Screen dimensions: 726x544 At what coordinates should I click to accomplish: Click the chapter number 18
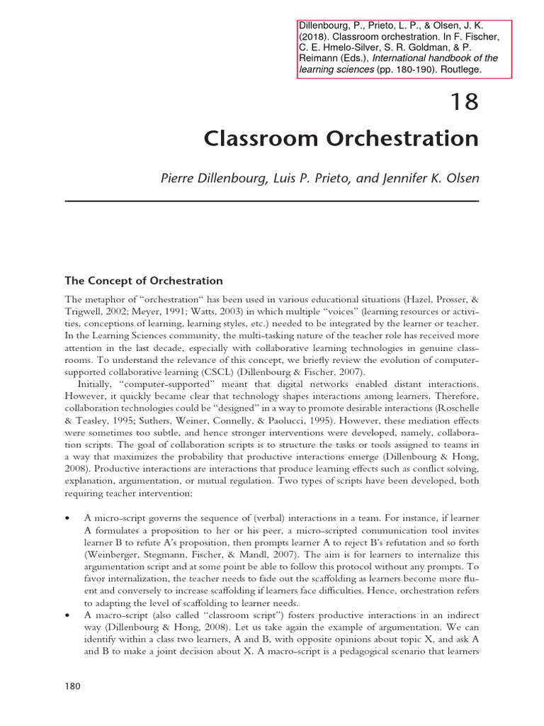[465, 103]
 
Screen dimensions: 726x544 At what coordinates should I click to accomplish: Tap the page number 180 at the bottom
[74, 686]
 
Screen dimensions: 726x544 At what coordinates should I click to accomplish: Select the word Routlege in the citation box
[457, 69]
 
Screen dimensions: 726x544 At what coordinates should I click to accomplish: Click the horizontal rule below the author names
[272, 201]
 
